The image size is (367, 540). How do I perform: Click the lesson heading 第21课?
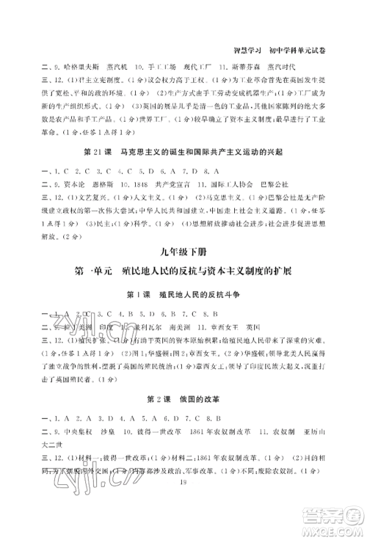click(101, 151)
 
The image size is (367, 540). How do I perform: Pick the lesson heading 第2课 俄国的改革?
click(183, 399)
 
